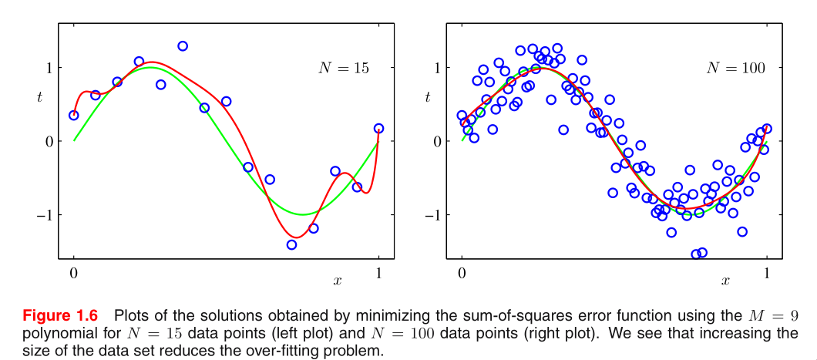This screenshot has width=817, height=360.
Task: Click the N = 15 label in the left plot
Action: point(343,68)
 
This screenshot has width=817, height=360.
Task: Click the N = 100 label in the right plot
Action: point(735,68)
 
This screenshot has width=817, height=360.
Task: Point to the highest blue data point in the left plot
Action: point(183,46)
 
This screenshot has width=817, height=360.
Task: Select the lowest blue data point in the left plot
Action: point(291,244)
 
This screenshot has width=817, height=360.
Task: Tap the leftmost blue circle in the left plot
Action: point(74,115)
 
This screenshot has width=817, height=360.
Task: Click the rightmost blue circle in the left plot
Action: point(378,129)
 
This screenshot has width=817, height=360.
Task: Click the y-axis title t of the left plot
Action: point(40,97)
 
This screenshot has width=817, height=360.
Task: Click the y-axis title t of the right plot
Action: point(428,97)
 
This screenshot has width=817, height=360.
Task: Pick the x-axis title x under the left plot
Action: point(337,281)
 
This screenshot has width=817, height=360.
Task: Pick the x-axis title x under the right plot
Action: point(725,281)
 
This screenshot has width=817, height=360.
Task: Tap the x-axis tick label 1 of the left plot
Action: point(378,273)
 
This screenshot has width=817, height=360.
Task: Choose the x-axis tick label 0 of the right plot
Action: point(462,273)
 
